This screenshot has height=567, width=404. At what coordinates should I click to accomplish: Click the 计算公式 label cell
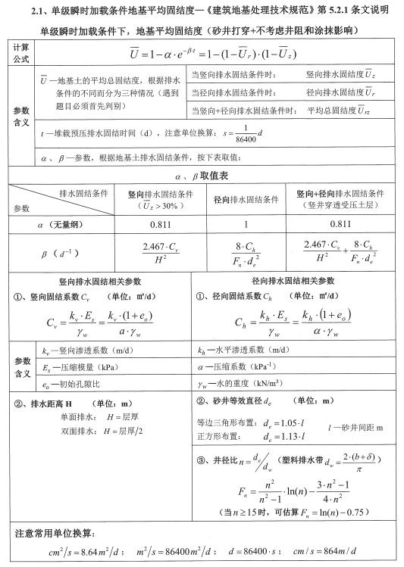20,53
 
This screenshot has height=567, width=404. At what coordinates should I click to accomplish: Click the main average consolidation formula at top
211,54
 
